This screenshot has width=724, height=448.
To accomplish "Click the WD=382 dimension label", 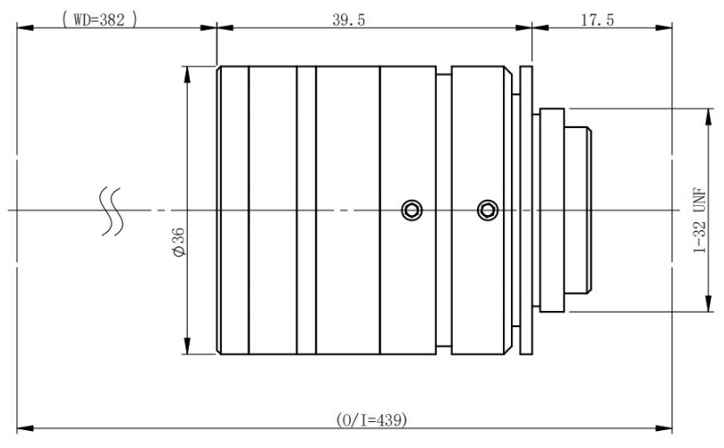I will pyautogui.click(x=99, y=18).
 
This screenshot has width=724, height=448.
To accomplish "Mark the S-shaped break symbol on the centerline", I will pyautogui.click(x=111, y=212).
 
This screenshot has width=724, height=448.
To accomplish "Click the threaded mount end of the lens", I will pyautogui.click(x=585, y=211).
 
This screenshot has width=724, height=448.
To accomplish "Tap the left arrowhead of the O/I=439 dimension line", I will pyautogui.click(x=24, y=428).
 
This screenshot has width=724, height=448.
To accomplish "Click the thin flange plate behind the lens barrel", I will pyautogui.click(x=527, y=211).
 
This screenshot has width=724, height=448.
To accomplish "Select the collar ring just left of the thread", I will pyautogui.click(x=551, y=211).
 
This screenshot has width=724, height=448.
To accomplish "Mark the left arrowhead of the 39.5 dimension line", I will pyautogui.click(x=225, y=28).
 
